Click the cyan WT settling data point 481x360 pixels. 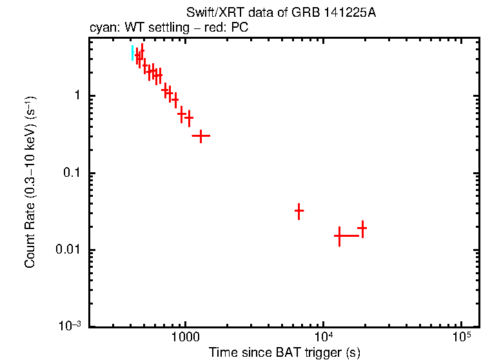pos(133,53)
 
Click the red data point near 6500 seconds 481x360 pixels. pos(299,210)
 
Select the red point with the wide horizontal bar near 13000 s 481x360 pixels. pos(339,236)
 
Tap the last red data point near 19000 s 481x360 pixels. pos(362,228)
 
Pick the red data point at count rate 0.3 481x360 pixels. pos(201,136)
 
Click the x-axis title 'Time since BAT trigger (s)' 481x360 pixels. pos(284,352)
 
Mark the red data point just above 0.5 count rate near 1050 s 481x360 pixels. pos(189,119)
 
